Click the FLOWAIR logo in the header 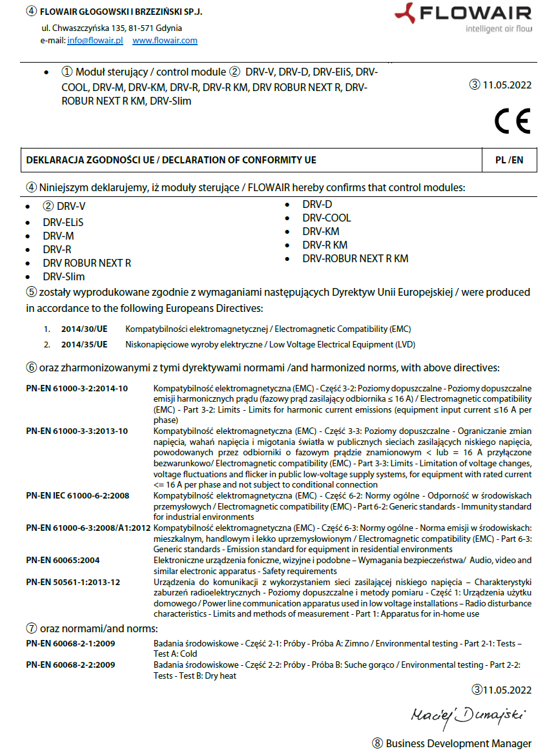click(x=463, y=17)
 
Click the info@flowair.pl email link click(x=95, y=40)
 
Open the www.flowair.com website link click(x=165, y=40)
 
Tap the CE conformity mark click(x=512, y=121)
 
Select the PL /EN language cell click(x=509, y=160)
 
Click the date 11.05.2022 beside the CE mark click(x=506, y=84)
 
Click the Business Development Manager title click(x=459, y=743)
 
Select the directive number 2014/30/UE click(x=84, y=329)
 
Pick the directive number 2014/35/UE click(x=84, y=344)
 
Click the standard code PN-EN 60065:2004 click(x=63, y=560)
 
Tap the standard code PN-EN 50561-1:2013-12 click(x=73, y=583)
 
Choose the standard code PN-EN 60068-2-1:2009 click(x=70, y=644)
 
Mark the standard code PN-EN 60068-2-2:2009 click(x=70, y=665)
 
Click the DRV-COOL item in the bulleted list click(x=326, y=218)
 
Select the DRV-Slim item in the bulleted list click(x=64, y=276)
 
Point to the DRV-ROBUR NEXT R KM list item click(x=355, y=258)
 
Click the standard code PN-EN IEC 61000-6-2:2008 click(x=77, y=496)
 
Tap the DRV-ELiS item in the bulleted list click(x=63, y=222)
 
